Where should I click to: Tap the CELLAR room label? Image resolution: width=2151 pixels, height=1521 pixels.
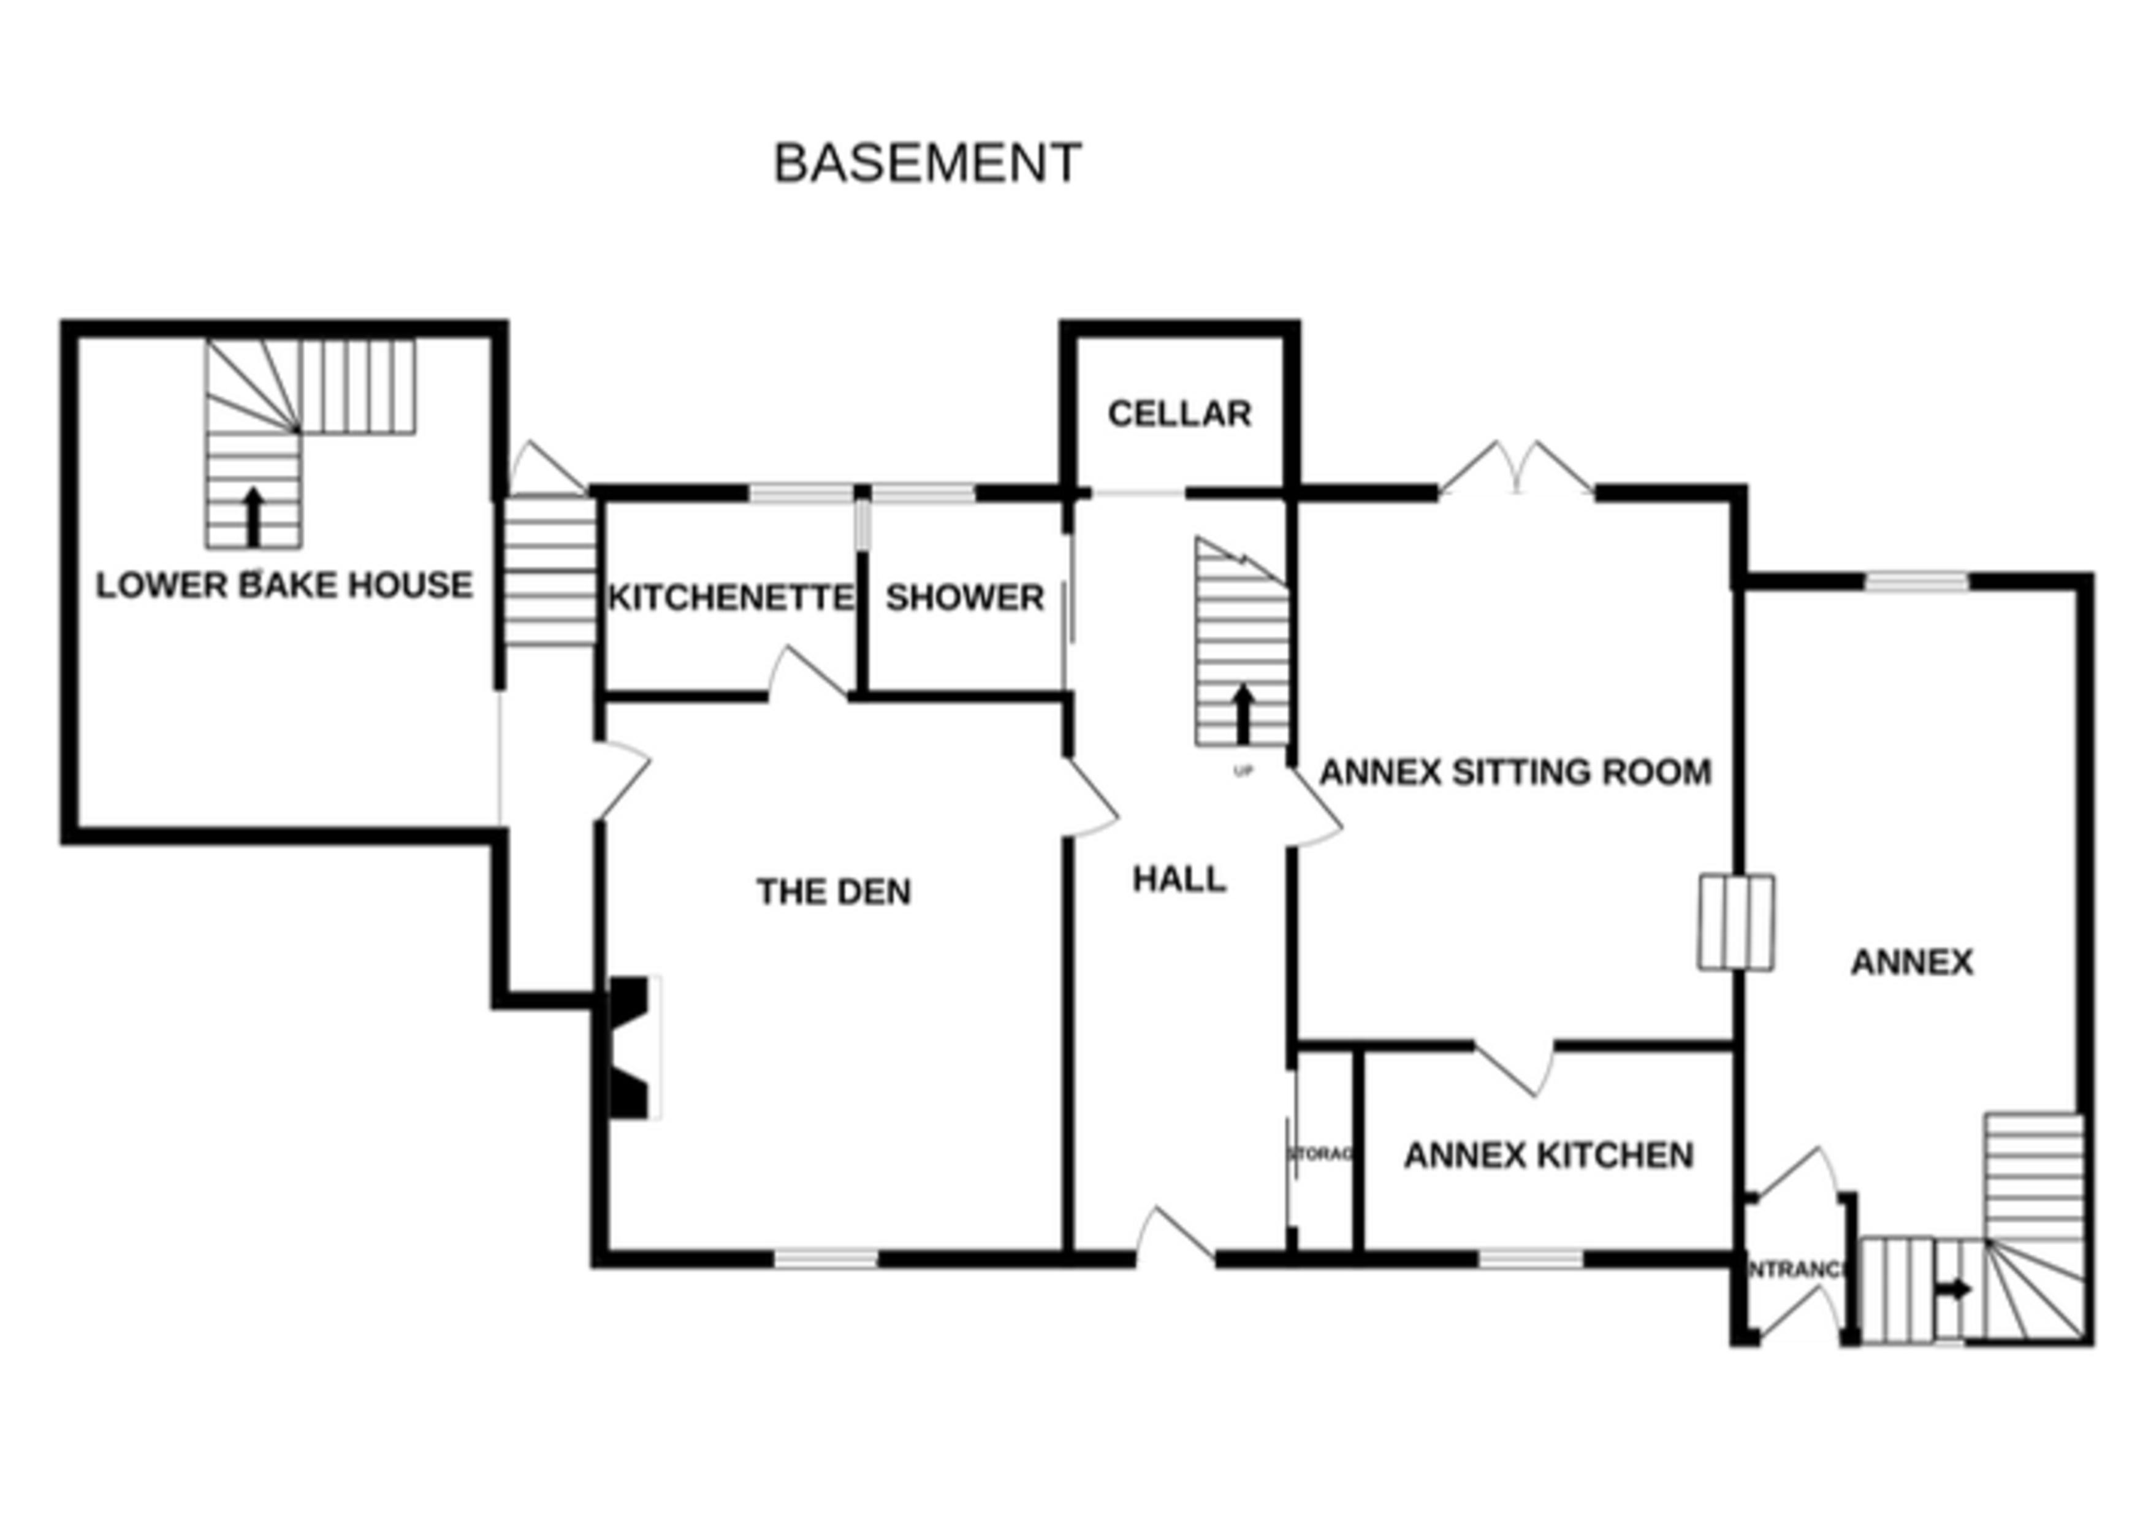coord(1179,413)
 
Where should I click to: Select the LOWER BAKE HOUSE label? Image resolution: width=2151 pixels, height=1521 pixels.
coord(284,585)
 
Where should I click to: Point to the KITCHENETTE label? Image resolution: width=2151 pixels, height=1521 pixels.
coord(730,598)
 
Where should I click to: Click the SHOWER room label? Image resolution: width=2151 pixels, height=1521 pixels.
coord(964,598)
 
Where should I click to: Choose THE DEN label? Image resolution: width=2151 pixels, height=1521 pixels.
coord(833,891)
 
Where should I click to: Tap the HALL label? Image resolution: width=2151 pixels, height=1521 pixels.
coord(1179,879)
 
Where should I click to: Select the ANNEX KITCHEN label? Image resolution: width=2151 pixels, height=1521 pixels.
coord(1548,1156)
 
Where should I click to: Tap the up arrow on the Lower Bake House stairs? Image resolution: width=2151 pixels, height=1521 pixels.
coord(253,516)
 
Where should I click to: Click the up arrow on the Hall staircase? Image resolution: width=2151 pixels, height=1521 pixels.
coord(1243,713)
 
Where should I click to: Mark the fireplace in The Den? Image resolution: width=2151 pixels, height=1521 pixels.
coord(633,1047)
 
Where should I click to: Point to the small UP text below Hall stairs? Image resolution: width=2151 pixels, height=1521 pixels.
coord(1243,771)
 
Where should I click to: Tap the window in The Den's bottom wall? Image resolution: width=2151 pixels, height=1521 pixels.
coord(825,1259)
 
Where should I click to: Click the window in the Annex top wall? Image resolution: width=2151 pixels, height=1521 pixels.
coord(1916,582)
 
